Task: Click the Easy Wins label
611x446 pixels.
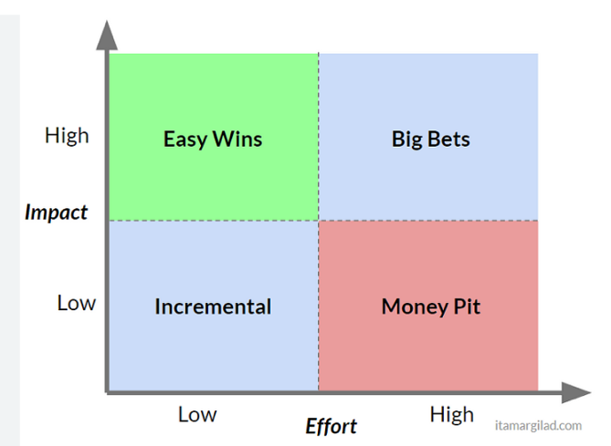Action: (213, 140)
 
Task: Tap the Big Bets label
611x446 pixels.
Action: (430, 140)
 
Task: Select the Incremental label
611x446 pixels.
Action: (213, 306)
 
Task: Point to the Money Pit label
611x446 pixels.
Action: (430, 307)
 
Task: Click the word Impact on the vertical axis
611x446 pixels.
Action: (56, 213)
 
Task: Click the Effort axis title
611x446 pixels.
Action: (331, 426)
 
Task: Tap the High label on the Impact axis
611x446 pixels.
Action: (67, 136)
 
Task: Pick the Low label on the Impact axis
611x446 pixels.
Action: (77, 303)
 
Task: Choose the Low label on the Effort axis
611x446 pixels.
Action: (197, 414)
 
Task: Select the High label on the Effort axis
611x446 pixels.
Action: (451, 415)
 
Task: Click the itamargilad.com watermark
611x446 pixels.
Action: (538, 425)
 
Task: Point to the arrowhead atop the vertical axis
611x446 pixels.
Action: (107, 36)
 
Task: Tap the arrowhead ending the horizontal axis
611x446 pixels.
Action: (576, 392)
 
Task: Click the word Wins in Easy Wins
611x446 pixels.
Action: (237, 139)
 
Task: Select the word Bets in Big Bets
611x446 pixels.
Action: (449, 139)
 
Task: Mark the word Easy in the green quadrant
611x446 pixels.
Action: (185, 140)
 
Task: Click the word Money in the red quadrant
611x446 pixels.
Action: (415, 307)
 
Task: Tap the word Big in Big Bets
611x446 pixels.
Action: (407, 140)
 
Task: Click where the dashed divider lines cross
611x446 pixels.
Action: (319, 221)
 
